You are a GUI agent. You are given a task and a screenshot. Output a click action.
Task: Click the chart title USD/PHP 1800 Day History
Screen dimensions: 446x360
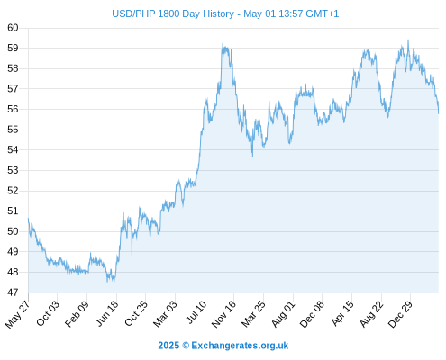tap(173, 13)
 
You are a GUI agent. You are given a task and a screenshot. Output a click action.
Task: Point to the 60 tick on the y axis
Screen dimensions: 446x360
tap(13, 28)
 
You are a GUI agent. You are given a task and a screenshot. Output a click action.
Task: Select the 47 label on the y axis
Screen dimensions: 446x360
tap(13, 292)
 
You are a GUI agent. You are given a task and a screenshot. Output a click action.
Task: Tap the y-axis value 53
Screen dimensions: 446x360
tap(13, 170)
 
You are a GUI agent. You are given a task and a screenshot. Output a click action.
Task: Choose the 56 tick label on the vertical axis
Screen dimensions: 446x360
tap(13, 109)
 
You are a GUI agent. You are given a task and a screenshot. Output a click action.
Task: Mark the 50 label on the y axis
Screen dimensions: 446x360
tap(13, 231)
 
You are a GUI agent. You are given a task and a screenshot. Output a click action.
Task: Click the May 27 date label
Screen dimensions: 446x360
tap(17, 314)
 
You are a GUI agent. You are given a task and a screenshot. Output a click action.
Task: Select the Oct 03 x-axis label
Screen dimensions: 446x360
tap(48, 313)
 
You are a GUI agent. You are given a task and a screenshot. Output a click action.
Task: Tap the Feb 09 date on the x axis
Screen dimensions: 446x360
tap(77, 313)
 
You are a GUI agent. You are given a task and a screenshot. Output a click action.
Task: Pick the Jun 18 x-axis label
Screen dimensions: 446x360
tap(107, 313)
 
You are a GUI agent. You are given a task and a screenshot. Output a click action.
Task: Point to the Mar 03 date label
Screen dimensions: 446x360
tap(165, 314)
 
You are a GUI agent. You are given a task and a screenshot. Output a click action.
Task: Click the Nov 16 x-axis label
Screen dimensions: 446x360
tap(223, 314)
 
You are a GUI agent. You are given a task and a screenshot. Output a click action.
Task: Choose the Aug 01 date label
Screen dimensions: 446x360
tap(283, 314)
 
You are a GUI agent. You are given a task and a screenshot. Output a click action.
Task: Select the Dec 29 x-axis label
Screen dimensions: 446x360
tap(400, 314)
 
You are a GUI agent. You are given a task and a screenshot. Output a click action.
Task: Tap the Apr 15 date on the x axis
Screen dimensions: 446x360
tap(342, 313)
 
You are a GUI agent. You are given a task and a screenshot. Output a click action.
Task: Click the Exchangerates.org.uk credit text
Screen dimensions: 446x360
tap(240, 346)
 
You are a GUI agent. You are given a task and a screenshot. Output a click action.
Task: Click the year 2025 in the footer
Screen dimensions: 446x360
tap(168, 346)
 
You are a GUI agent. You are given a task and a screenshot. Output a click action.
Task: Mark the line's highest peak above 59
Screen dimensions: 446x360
tap(408, 40)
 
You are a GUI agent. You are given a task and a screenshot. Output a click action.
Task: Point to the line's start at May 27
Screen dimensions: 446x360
tap(28, 219)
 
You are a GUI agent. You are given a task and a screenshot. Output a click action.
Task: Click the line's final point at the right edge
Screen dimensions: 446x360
tap(438, 113)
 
